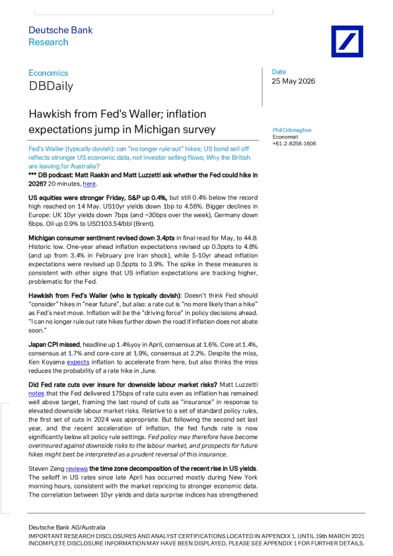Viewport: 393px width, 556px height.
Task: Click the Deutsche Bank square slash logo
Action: click(347, 41)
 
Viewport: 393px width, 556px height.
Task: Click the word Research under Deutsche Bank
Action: click(48, 42)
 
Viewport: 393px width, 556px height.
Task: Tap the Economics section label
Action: click(48, 73)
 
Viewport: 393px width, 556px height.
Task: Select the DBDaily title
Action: click(51, 86)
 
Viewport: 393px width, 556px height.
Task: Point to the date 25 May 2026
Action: click(293, 81)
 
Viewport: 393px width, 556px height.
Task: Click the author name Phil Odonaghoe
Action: click(292, 130)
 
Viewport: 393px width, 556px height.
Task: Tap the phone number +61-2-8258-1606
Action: click(294, 143)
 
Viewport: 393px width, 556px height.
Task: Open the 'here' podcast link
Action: click(89, 184)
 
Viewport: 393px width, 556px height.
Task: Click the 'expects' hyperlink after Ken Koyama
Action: click(78, 362)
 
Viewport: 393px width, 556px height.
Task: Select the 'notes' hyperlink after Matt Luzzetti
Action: click(36, 394)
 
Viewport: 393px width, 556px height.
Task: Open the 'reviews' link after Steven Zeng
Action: click(77, 468)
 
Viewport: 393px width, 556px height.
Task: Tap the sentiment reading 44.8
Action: click(251, 238)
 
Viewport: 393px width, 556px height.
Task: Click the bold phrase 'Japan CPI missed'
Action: click(54, 344)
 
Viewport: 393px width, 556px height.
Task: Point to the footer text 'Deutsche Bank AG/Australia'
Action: click(67, 528)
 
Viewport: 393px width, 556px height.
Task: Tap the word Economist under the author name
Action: click(285, 137)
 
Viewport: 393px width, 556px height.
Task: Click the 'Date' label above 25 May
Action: click(279, 72)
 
